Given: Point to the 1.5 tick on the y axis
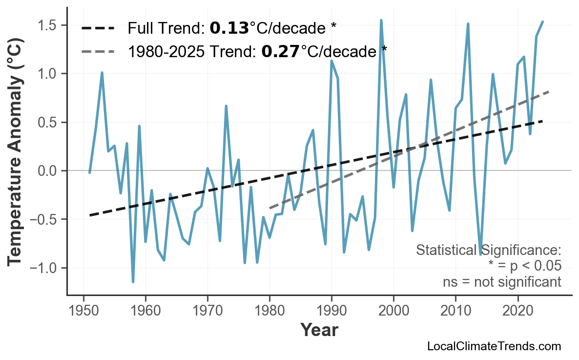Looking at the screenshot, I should tap(51, 25).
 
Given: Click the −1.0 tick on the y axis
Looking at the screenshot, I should tap(47, 268).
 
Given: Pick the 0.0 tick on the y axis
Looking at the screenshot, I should tap(51, 171).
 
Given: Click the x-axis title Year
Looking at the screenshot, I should tap(319, 330).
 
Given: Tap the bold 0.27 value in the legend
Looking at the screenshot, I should tap(280, 51).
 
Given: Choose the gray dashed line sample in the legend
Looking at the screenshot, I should tap(98, 51).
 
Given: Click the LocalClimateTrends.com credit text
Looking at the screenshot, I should tap(494, 346).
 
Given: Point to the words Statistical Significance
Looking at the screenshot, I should tap(488, 251).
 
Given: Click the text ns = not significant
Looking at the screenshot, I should tap(502, 282).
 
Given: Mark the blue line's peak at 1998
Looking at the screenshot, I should tap(381, 21).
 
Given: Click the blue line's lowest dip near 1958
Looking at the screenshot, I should tap(133, 282).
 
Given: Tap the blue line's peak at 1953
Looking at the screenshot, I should tap(102, 72).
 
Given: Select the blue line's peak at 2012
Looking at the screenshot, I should tap(468, 23).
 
